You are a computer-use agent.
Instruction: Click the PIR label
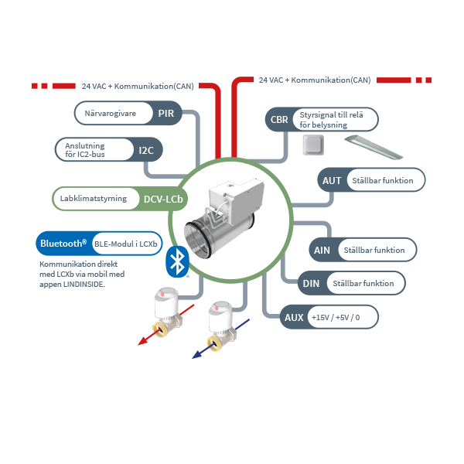point(165,114)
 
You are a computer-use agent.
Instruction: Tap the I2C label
point(146,150)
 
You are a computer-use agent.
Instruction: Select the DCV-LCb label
point(163,199)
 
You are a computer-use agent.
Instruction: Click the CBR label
point(278,120)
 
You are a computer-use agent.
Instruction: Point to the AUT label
point(332,181)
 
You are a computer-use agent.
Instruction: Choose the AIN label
point(321,250)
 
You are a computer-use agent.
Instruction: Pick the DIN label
point(311,284)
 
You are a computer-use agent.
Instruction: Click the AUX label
point(294,317)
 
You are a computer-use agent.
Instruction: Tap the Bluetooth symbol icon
point(179,262)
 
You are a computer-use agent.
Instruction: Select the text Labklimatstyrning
point(94,199)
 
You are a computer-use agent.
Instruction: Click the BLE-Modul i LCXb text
point(125,244)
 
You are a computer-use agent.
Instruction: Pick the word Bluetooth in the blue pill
point(63,244)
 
